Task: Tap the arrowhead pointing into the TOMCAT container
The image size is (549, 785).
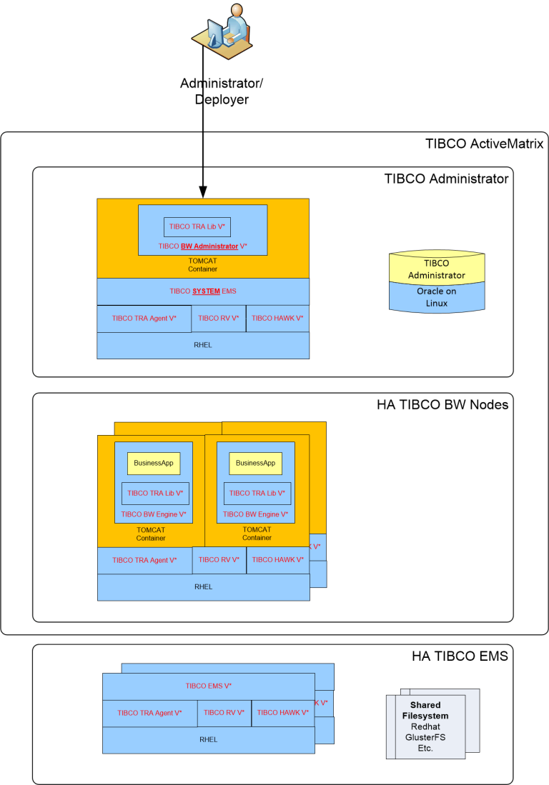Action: pos(203,191)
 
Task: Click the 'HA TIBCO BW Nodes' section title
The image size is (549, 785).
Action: pos(442,405)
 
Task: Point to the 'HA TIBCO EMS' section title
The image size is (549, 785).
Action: pos(460,656)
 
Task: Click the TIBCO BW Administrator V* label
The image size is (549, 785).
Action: pos(203,246)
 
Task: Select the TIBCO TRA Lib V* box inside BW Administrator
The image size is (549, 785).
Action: pos(197,226)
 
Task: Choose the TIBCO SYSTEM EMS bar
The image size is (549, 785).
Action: pos(203,291)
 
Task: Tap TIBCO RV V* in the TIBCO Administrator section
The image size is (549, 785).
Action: pos(219,319)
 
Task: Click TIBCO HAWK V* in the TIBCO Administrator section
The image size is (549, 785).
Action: pos(277,319)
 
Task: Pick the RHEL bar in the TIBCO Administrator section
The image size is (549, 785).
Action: pos(203,345)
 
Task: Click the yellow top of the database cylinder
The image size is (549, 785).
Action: pos(436,269)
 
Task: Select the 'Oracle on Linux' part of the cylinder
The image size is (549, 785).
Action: pos(436,297)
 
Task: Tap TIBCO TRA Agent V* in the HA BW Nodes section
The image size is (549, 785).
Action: pos(144,561)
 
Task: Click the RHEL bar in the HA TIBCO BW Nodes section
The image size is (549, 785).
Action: pos(203,587)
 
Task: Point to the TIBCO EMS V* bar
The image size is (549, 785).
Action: pos(208,686)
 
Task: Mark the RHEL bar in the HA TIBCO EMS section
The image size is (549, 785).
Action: pos(208,739)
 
